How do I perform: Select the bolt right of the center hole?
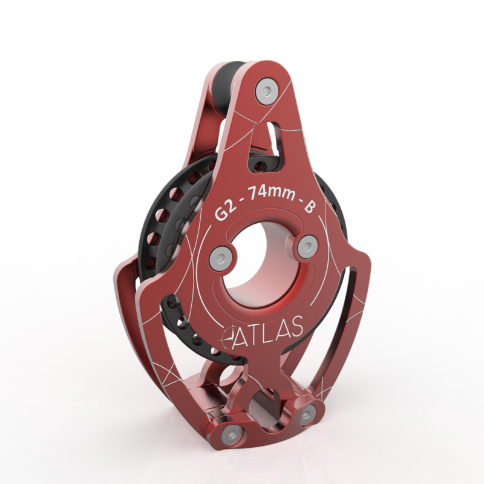coord(307,246)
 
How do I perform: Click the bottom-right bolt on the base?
coord(307,415)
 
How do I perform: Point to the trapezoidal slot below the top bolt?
coord(272,137)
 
